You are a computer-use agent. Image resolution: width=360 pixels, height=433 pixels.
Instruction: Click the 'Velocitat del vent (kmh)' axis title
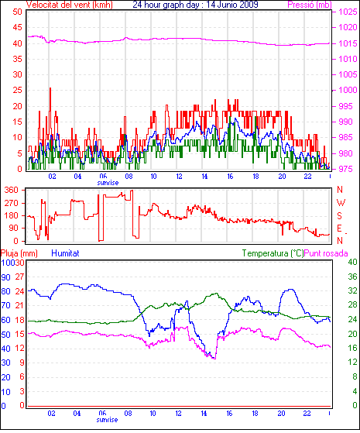coord(69,5)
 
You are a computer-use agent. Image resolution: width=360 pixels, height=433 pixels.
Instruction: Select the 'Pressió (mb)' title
coord(310,5)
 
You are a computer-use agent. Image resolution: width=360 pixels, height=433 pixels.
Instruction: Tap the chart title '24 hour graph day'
coord(166,5)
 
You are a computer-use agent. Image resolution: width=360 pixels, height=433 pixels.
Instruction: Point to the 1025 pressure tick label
coord(348,12)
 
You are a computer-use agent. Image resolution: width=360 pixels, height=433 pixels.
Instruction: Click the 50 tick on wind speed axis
coord(17,12)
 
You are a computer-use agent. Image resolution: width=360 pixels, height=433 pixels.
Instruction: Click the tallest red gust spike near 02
coord(50,88)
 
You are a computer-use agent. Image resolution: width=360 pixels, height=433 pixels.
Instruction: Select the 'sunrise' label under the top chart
coord(108,183)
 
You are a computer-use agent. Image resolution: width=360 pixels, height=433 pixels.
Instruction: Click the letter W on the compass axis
coord(341,203)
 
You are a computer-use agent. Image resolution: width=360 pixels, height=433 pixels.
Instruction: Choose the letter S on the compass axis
coord(340,215)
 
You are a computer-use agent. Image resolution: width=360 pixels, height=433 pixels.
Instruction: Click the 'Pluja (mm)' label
coord(19,253)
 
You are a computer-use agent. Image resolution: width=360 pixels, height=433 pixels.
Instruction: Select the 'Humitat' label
coord(66,253)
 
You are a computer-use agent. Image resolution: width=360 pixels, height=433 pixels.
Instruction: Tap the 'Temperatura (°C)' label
coord(273,253)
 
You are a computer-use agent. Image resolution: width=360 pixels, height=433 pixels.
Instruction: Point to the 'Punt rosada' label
coord(326,253)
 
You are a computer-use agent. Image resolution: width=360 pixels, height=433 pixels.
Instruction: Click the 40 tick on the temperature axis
coord(352,262)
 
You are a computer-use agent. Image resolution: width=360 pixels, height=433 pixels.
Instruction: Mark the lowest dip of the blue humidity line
coord(214,359)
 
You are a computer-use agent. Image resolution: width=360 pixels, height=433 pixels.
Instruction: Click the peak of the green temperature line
coord(217,294)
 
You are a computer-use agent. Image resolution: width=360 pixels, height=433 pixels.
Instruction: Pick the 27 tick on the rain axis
coord(19,277)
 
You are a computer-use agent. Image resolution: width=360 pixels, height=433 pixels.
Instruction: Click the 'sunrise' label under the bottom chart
coord(107,420)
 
